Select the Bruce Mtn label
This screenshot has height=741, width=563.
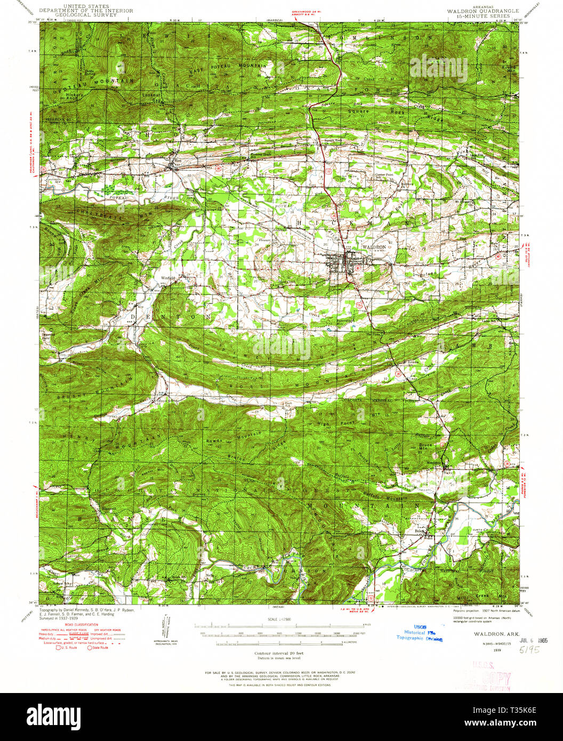click(425, 447)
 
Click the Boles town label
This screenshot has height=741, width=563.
click(421, 530)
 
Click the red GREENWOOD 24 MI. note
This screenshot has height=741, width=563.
click(307, 11)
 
